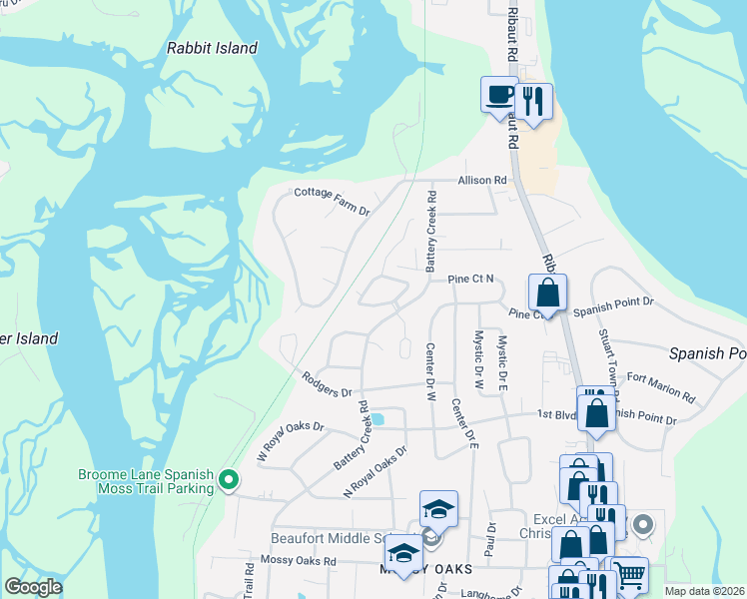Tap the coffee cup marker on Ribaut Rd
pyautogui.click(x=499, y=96)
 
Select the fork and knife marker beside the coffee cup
pyautogui.click(x=534, y=102)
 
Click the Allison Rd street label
pyautogui.click(x=483, y=181)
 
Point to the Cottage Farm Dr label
pyautogui.click(x=332, y=202)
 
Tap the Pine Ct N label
pyautogui.click(x=471, y=280)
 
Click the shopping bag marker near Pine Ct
pyautogui.click(x=547, y=293)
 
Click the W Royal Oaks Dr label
pyautogui.click(x=292, y=440)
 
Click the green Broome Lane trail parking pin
pyautogui.click(x=229, y=481)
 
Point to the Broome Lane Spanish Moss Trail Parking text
pyautogui.click(x=146, y=481)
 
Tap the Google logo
pyautogui.click(x=34, y=587)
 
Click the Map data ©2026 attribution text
pyautogui.click(x=703, y=591)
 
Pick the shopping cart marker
pyautogui.click(x=628, y=575)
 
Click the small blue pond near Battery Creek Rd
pyautogui.click(x=376, y=419)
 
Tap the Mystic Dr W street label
pyautogui.click(x=479, y=360)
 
